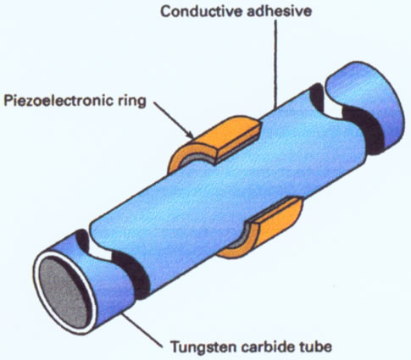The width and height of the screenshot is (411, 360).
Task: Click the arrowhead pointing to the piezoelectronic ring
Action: click(x=189, y=134)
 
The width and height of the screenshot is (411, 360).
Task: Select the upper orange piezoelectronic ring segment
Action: click(x=214, y=141)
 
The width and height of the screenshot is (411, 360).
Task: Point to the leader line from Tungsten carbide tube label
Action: click(x=142, y=330)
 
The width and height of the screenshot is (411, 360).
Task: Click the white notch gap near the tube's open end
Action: click(x=99, y=252)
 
